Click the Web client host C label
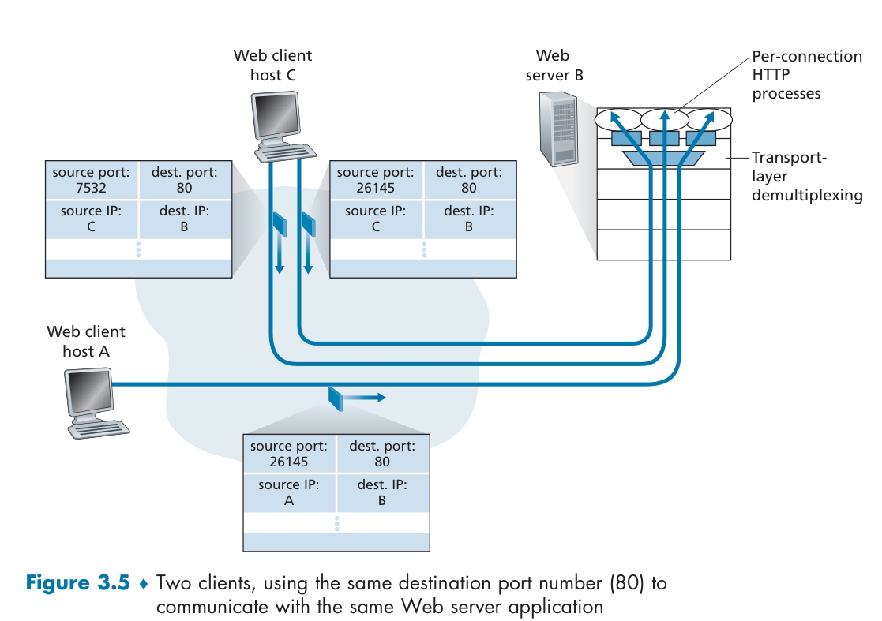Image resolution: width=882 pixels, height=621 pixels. coord(272,65)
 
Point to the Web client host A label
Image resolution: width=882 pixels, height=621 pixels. coord(86,341)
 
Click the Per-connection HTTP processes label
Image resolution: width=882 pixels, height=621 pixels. coord(806,75)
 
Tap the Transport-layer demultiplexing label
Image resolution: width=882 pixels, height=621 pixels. coord(806,175)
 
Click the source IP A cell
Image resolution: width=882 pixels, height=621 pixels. coord(289,493)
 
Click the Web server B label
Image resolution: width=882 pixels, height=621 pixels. coord(553,65)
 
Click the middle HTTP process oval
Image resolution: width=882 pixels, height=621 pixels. coord(665,120)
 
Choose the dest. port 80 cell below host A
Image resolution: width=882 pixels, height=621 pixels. coord(382,454)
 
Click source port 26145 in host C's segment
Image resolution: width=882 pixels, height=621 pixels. coord(375,188)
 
